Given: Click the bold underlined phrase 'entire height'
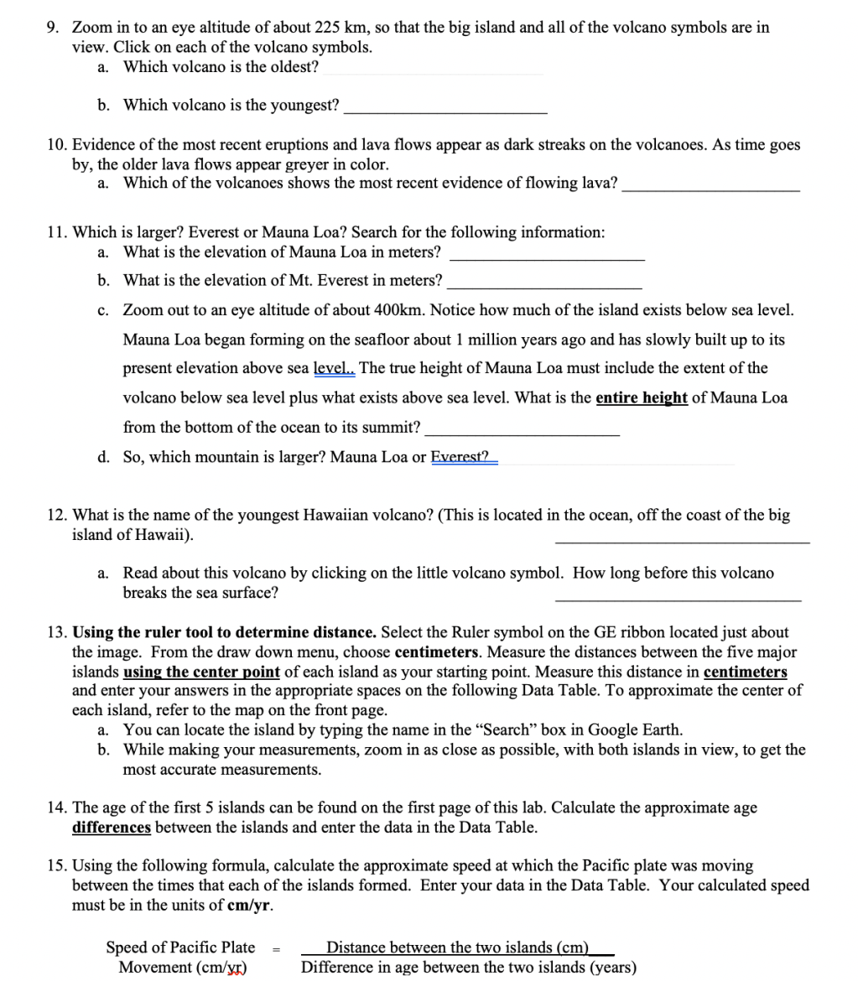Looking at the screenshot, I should [642, 397].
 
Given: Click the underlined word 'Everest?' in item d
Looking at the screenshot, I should [460, 457].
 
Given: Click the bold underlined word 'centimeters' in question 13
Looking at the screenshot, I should [745, 672].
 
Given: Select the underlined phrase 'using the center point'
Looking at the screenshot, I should [201, 672].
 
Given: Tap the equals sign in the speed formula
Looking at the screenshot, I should [278, 949].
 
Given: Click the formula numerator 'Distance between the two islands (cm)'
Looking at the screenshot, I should [458, 947].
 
